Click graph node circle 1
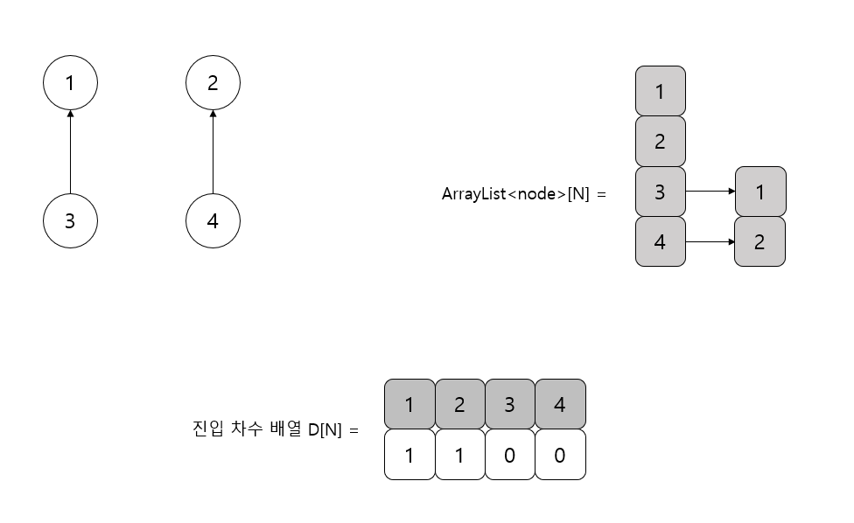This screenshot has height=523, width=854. tap(70, 83)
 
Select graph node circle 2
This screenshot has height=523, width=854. tap(213, 83)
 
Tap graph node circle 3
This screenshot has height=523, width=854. tap(70, 221)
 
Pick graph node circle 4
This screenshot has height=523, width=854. tap(213, 221)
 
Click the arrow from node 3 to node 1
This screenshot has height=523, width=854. tap(70, 152)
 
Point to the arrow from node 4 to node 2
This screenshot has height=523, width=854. tap(213, 152)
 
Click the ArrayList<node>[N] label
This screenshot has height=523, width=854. tap(523, 194)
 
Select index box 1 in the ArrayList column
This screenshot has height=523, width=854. tap(660, 91)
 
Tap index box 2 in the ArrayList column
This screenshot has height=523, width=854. tap(660, 141)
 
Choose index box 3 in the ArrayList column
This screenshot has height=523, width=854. tap(660, 192)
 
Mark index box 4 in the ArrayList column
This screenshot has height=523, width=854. tap(660, 241)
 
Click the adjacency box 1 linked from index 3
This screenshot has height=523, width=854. tap(759, 192)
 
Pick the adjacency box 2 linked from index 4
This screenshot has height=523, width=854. tap(759, 241)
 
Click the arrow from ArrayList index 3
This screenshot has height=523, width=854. tap(710, 192)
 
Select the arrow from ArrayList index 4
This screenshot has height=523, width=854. tap(710, 241)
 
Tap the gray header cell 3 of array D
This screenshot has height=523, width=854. tap(509, 404)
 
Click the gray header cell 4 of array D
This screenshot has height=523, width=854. tap(560, 404)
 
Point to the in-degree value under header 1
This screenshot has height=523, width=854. tap(409, 455)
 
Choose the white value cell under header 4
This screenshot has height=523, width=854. tap(560, 455)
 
